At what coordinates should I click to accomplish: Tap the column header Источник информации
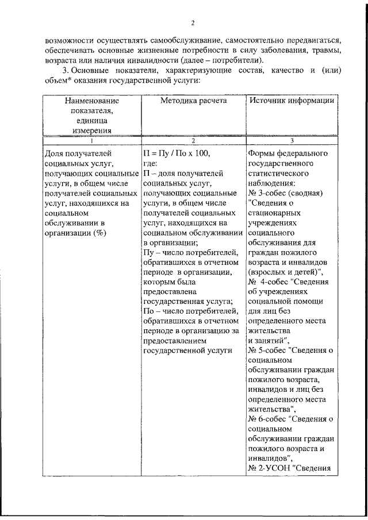[292, 101]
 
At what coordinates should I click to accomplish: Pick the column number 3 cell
[292, 140]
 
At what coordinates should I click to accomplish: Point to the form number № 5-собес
[269, 350]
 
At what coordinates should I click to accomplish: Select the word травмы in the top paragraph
[324, 50]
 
